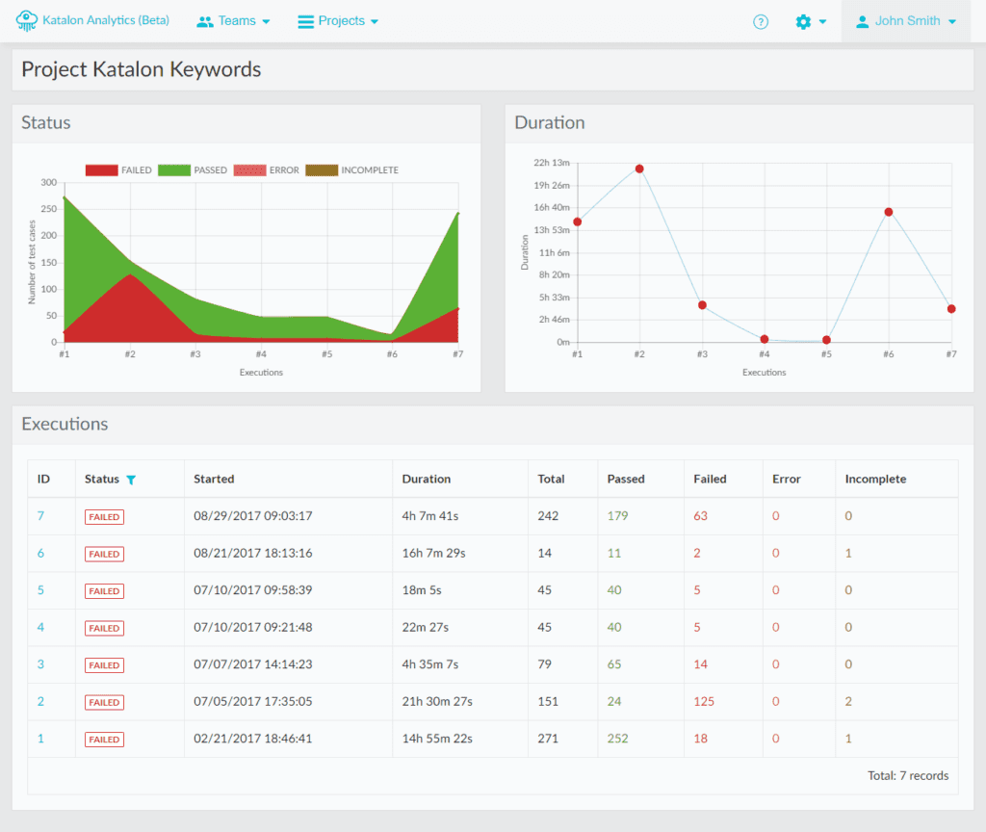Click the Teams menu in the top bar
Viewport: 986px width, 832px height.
233,21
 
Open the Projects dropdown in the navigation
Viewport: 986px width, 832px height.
337,21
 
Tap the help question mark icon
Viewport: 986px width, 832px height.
761,22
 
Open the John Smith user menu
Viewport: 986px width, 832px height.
905,21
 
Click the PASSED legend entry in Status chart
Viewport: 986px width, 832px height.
193,170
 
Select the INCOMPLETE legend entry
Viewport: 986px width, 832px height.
352,170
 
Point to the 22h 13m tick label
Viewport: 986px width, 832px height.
552,163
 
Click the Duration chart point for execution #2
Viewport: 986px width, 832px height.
639,169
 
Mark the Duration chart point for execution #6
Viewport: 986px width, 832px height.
888,212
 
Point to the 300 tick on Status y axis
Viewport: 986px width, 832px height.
48,183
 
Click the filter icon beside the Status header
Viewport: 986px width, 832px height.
131,480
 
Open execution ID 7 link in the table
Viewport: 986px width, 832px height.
40,516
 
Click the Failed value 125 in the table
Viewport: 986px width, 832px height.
704,702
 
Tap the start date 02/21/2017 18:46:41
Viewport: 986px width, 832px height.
252,739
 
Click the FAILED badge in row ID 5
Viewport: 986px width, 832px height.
104,591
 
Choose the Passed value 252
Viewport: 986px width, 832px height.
617,739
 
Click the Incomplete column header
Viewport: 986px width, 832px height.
875,479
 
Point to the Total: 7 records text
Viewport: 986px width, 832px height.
907,776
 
